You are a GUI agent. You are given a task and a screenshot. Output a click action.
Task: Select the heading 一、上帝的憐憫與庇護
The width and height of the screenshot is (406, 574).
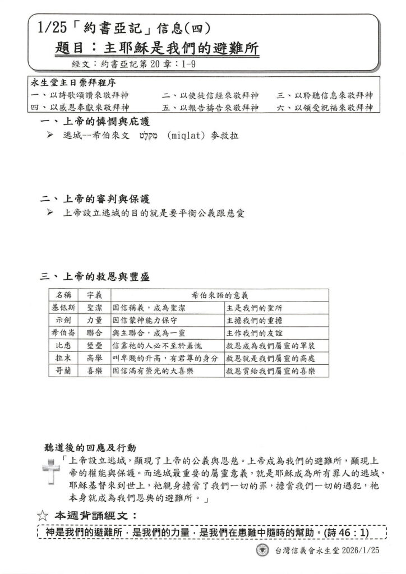(96, 122)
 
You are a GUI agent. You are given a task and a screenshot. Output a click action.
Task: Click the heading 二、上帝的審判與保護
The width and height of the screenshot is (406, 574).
(96, 200)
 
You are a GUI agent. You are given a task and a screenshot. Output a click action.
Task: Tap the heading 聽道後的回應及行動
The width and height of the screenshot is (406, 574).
(90, 448)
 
